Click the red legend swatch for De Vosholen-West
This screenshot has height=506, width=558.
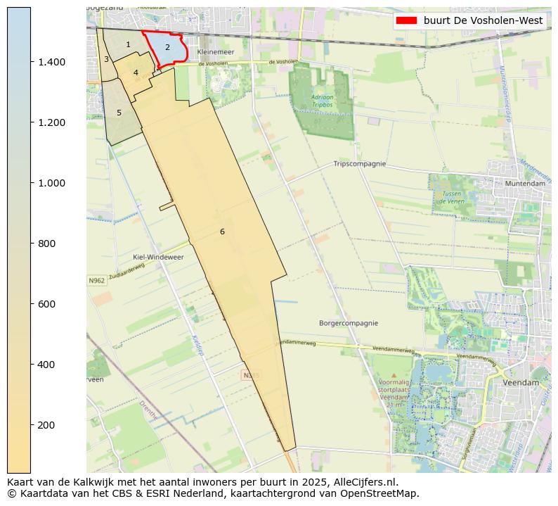click(407, 20)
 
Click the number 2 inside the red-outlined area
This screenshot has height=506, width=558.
click(167, 47)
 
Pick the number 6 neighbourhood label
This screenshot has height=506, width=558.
click(222, 232)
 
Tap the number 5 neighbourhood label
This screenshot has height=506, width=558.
click(119, 113)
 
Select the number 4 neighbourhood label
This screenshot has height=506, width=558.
click(136, 72)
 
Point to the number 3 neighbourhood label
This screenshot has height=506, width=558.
click(106, 59)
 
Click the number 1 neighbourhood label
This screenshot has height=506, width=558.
click(128, 44)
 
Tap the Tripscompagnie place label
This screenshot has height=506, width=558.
click(359, 163)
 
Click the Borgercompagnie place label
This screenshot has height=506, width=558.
click(350, 324)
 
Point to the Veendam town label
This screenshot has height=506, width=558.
click(521, 382)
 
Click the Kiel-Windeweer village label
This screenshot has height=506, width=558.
click(158, 258)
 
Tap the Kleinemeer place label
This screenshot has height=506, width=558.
click(215, 53)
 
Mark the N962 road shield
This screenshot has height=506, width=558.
click(97, 281)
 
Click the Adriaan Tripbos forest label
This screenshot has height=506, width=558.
click(323, 101)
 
